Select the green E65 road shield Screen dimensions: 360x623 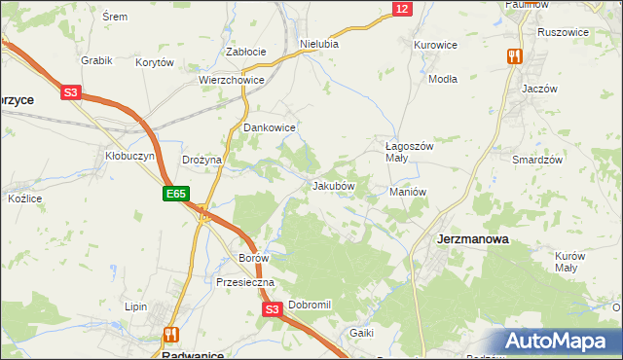click(x=175, y=195)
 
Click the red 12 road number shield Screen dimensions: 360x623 click(x=402, y=9)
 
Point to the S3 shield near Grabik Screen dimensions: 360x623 click(x=70, y=93)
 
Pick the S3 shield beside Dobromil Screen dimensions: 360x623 click(x=273, y=309)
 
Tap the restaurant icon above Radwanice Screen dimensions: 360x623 click(x=171, y=334)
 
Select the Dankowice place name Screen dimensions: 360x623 click(x=269, y=127)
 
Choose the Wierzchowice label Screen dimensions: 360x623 click(x=232, y=81)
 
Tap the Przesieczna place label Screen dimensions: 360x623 click(x=246, y=282)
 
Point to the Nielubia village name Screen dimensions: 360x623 click(x=319, y=44)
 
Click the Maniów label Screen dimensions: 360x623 click(x=408, y=192)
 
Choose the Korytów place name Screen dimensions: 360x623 click(x=155, y=62)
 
